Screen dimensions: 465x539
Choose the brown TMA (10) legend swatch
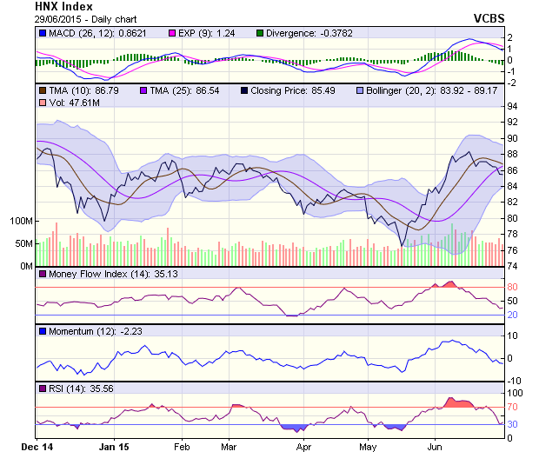point(43,90)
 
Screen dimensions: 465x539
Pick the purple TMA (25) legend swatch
point(144,90)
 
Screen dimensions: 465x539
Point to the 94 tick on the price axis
point(513,107)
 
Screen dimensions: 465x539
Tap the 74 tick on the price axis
point(513,266)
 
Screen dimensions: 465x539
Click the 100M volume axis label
point(21,221)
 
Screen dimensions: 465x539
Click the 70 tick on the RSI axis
point(513,407)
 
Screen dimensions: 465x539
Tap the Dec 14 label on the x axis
point(36,447)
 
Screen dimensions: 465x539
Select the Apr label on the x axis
point(303,447)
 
